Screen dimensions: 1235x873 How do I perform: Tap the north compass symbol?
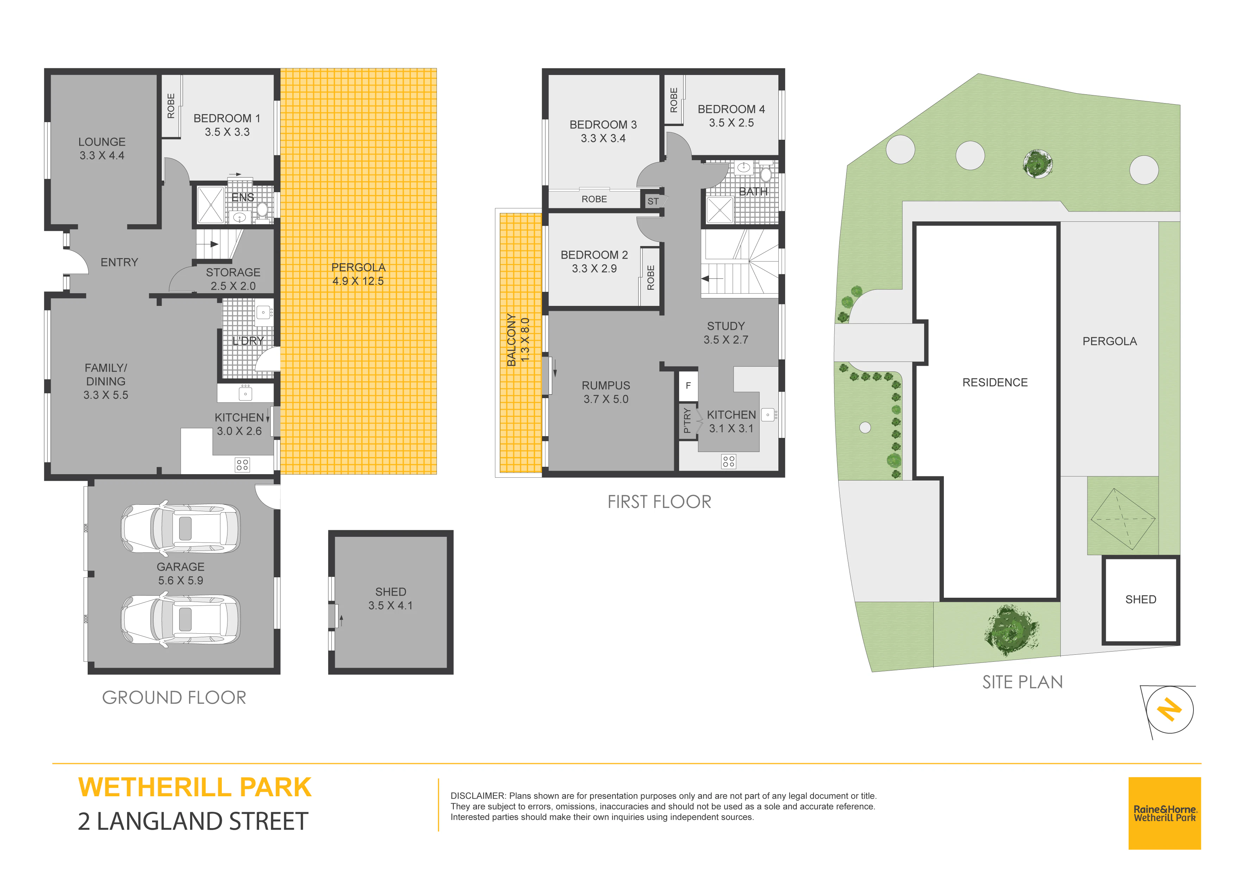(x=1170, y=710)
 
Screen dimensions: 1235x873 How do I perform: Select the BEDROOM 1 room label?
(x=227, y=118)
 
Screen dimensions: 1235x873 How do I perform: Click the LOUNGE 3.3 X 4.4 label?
(x=102, y=149)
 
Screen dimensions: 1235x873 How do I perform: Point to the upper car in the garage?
(x=181, y=529)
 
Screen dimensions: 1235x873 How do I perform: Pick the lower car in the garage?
(x=181, y=619)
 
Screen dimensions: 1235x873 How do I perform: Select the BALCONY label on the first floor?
(x=512, y=340)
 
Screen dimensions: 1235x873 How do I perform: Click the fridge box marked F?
(x=688, y=386)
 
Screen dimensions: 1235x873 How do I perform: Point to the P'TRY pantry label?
(x=687, y=421)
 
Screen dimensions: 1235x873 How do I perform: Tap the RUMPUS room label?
(x=606, y=386)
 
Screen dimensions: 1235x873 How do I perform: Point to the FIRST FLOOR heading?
(x=659, y=502)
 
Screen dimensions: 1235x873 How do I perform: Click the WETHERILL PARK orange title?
(x=195, y=787)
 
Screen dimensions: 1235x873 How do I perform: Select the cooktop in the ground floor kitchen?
(x=242, y=465)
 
